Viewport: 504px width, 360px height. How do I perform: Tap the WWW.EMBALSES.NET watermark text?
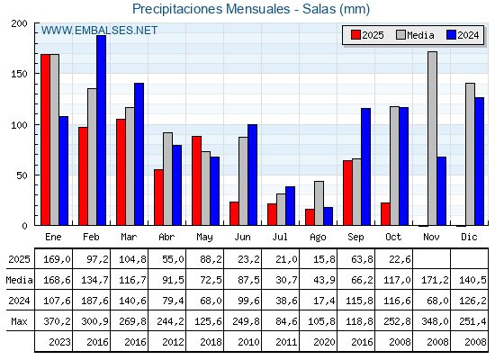click(x=99, y=31)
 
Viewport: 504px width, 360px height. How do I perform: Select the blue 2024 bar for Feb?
click(x=101, y=130)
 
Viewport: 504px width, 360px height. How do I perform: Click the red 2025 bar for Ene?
click(x=45, y=139)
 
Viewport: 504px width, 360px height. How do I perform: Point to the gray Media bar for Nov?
click(x=432, y=139)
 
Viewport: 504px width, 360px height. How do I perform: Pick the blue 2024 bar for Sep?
click(x=365, y=166)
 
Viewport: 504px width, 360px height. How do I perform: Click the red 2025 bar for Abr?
click(x=158, y=197)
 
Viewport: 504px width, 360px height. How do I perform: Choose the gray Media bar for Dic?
click(x=470, y=154)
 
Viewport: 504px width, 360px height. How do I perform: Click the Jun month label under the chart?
click(x=243, y=237)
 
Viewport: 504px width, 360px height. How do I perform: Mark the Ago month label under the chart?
click(x=319, y=237)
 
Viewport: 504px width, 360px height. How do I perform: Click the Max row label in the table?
click(x=17, y=321)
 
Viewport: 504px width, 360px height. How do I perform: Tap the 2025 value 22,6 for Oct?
click(x=394, y=259)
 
